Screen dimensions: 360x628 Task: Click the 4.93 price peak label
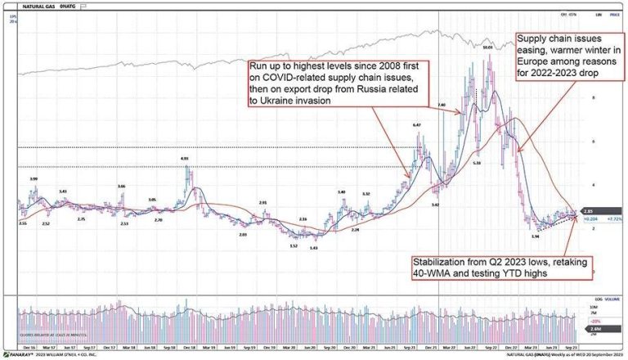[x=185, y=158]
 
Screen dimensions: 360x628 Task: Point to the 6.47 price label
[x=416, y=124]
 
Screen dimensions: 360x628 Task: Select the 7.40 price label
[x=442, y=105]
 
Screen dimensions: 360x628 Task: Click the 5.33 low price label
[x=478, y=164]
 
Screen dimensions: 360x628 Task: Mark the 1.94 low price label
[x=535, y=236]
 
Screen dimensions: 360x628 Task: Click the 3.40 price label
[x=341, y=192]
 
